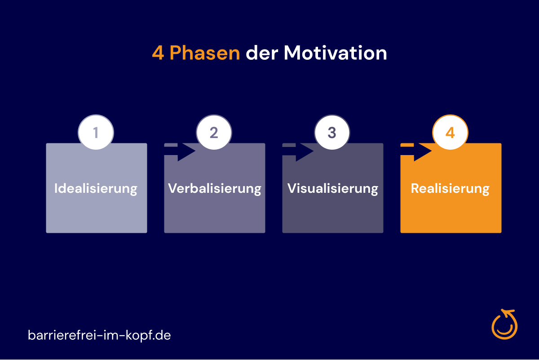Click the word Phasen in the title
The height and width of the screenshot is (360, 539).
(x=205, y=53)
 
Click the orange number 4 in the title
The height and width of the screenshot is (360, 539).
(x=158, y=53)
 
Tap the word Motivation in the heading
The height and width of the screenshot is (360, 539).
(x=336, y=53)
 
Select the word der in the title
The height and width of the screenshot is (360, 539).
(x=262, y=53)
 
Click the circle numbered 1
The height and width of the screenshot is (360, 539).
(x=96, y=133)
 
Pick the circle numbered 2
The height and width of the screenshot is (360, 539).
(x=214, y=133)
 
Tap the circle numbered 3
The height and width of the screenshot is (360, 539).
(x=332, y=133)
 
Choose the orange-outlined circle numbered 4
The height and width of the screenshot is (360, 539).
(x=450, y=133)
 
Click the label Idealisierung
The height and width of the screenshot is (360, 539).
(x=96, y=189)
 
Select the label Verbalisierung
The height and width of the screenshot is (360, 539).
(x=214, y=189)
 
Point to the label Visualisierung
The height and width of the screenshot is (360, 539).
(x=332, y=189)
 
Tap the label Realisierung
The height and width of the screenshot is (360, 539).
(x=450, y=189)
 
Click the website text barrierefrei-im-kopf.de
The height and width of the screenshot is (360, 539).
(x=99, y=335)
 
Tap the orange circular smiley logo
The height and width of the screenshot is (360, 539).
(x=504, y=324)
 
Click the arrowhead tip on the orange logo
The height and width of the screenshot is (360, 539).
(x=502, y=311)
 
